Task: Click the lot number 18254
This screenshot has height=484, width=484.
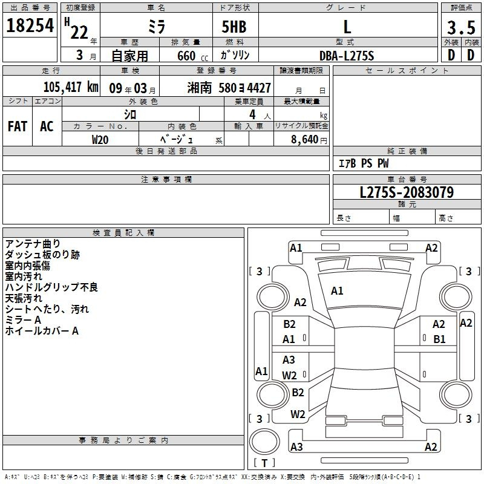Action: click(30, 25)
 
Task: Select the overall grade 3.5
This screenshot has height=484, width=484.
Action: click(461, 28)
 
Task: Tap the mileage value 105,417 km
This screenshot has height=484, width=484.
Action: click(71, 87)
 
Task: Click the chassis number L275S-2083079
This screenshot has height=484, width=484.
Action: click(407, 192)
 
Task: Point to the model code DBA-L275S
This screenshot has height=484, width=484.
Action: click(347, 56)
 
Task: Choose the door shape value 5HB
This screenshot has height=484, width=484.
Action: click(234, 27)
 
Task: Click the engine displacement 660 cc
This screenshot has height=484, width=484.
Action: click(192, 56)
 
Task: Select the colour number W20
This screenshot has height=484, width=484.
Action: click(100, 140)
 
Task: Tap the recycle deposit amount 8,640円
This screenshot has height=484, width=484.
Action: click(309, 139)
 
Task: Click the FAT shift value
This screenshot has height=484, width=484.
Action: click(18, 126)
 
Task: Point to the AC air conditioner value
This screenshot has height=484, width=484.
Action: click(47, 126)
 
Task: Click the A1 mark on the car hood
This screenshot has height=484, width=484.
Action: click(337, 291)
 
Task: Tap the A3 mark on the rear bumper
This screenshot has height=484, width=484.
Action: click(296, 446)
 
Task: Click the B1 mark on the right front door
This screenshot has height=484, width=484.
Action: click(439, 339)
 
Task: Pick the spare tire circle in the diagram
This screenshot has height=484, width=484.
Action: click(264, 442)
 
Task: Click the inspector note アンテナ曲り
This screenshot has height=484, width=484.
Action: click(33, 244)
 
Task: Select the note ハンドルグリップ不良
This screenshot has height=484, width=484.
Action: click(51, 287)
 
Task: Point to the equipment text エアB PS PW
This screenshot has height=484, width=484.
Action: click(364, 163)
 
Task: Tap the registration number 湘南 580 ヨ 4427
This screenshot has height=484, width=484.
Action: click(229, 88)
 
